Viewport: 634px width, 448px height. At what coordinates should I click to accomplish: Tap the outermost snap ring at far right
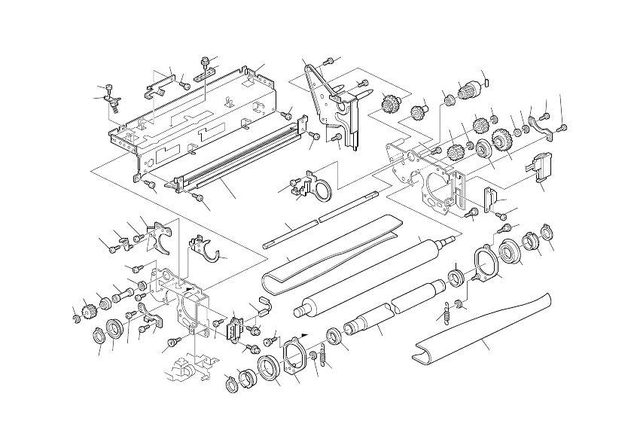pyautogui.click(x=547, y=231)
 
